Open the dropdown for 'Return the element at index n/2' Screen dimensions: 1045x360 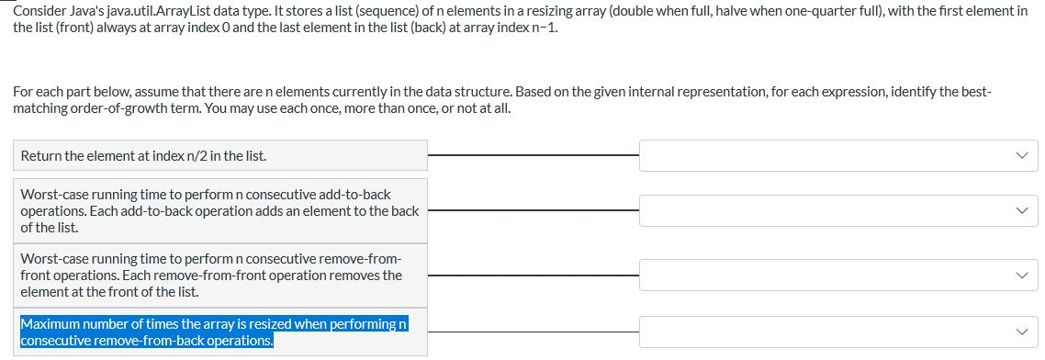click(x=837, y=155)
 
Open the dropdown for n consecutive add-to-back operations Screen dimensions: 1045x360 click(x=837, y=210)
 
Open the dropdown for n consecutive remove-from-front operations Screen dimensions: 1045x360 click(x=837, y=275)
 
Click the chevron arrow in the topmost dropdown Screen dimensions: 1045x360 click(x=1022, y=155)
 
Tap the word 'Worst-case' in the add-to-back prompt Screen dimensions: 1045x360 click(x=52, y=195)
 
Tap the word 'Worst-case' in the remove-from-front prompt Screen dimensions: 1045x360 click(x=52, y=259)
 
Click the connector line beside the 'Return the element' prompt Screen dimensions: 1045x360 click(x=533, y=155)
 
